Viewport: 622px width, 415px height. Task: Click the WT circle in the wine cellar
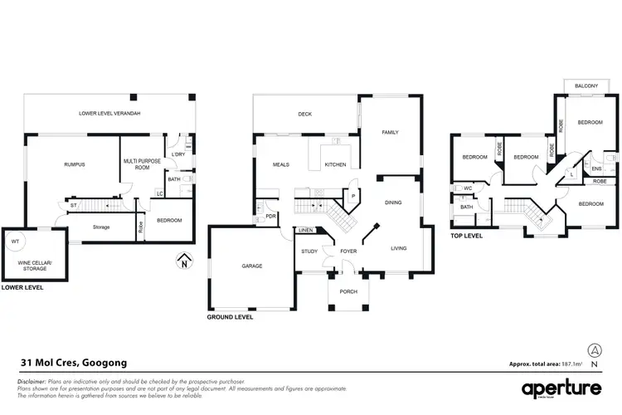(14, 242)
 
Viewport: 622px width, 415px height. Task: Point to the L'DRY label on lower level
(177, 154)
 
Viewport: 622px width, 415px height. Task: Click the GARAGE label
(251, 266)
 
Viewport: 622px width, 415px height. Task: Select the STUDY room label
(309, 251)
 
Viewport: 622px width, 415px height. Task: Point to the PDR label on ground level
(270, 217)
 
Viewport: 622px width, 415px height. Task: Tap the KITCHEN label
(335, 164)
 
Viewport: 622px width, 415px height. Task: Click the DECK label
(304, 114)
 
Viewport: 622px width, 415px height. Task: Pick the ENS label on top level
(596, 169)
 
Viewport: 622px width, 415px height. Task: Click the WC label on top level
(469, 188)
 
